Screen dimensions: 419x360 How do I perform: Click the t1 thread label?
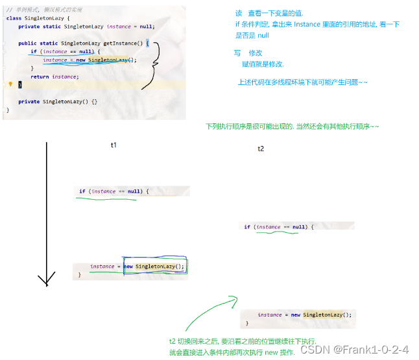click(114, 145)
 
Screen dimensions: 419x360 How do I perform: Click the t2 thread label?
click(261, 149)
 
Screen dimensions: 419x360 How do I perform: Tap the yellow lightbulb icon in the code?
click(11, 84)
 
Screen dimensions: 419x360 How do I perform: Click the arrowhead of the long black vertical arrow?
click(46, 281)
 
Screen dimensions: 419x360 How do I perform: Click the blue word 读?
click(238, 14)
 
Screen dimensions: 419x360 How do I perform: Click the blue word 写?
click(237, 53)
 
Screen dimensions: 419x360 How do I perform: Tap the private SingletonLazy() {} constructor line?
click(58, 102)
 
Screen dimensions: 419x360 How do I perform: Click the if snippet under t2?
click(278, 227)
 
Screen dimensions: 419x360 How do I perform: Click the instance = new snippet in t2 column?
click(304, 315)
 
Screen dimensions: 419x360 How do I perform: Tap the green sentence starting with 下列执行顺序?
click(292, 126)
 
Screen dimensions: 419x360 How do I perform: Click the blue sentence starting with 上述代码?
click(303, 82)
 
